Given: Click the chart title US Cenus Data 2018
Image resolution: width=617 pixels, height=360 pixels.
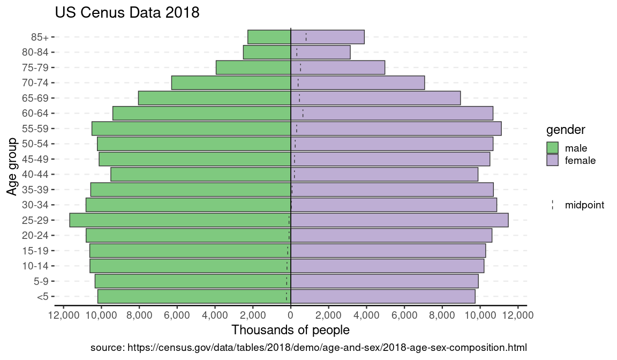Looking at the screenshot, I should coord(127,12).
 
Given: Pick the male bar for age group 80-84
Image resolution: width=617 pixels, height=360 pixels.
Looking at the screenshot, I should coord(267,52).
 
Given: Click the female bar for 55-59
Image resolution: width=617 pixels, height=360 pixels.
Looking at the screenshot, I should coord(396,129).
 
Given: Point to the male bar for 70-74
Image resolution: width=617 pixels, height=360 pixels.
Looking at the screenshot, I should coord(231,83).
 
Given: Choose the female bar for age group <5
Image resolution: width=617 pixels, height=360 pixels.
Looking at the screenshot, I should coord(383,296).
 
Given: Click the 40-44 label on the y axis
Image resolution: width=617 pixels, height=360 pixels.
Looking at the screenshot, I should coord(36,174).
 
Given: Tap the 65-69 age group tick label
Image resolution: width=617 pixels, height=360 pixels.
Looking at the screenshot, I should coord(36,98).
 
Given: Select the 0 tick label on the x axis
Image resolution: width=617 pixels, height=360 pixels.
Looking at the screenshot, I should coord(291,316).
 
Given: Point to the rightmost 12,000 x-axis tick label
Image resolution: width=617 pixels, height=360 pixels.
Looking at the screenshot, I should coord(517,316).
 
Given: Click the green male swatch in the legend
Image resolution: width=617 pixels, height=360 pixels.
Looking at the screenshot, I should coord(553,148).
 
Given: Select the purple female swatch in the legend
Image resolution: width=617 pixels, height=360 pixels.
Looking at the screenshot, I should coord(553,160).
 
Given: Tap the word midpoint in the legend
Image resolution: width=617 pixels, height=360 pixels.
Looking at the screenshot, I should coord(584,205).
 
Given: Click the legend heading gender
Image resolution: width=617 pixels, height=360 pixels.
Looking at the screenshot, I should coord(566,130).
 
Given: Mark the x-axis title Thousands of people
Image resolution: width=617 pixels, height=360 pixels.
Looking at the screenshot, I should coord(290,329).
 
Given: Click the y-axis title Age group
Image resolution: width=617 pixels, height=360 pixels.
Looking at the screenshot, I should coord(13,167).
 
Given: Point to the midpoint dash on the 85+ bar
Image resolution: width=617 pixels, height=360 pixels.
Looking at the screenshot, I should coord(306,37).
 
